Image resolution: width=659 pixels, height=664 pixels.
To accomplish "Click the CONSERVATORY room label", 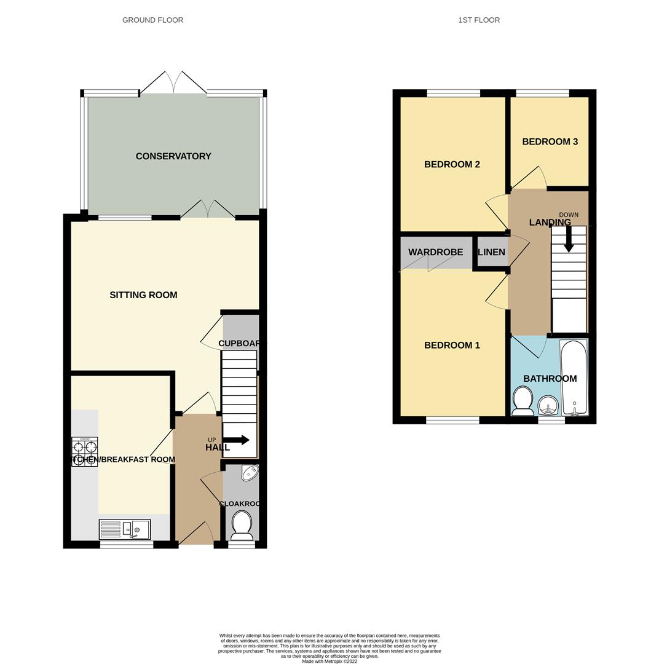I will pos(173,156).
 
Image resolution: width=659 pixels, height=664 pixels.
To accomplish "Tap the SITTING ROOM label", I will pos(143,295).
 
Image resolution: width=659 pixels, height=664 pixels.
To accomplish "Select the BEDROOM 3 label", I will pos(550,141).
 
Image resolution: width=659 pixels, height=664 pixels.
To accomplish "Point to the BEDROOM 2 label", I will pos(452,164).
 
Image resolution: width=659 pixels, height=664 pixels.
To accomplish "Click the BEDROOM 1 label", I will pos(452,346).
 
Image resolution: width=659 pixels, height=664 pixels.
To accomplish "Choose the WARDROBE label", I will pos(436,252).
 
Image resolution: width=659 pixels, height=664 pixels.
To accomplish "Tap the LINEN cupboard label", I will pos(491,252).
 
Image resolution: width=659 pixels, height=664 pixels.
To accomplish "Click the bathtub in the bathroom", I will pos(574,377).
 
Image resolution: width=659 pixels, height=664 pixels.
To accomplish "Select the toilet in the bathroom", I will pos(523,400).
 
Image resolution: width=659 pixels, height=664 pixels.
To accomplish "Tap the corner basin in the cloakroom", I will pos(250,472).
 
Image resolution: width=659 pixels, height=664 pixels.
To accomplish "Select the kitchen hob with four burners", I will pos(84,452).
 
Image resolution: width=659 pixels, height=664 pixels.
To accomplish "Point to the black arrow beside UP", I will pos(237,440).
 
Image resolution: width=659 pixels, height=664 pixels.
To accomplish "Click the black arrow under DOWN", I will pos(569,239).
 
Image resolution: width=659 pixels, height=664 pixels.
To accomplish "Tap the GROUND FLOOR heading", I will pos(152,20).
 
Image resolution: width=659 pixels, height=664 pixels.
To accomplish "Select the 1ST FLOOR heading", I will pos(479,20).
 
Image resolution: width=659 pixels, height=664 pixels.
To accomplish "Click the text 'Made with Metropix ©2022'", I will pos(329,661).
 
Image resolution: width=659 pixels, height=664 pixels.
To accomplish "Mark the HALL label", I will pos(218,448).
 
